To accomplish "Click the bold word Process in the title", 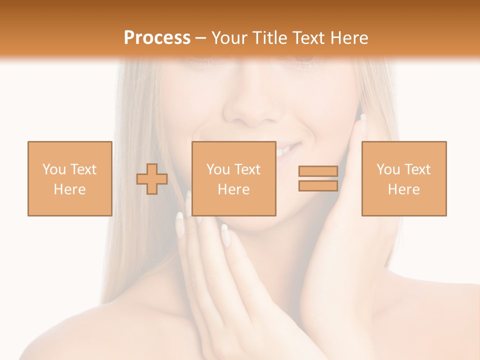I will tap(157, 38).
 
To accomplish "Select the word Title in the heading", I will tap(271, 38).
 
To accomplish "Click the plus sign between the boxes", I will tap(152, 178).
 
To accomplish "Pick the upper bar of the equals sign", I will tap(318, 171).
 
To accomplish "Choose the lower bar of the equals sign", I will tap(318, 185).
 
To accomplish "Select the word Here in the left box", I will tap(69, 189).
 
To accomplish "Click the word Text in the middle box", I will tap(247, 169).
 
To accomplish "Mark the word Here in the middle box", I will tap(233, 189).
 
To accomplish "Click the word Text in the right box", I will tap(417, 169).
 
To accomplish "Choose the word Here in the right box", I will tap(403, 189).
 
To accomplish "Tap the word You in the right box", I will tap(388, 169).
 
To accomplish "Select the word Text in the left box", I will tap(83, 169).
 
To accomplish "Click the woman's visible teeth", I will tap(285, 149).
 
